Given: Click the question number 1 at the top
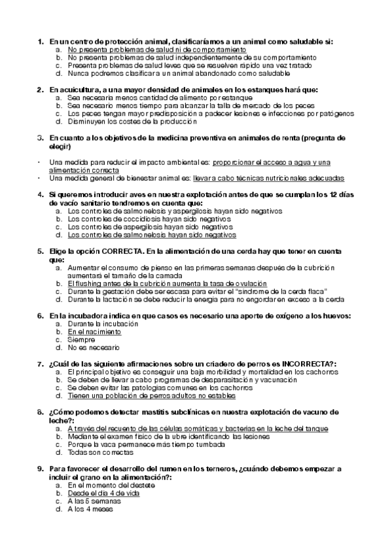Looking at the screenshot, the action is tap(41, 41).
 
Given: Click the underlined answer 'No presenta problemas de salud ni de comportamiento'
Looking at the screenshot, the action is tap(157, 49).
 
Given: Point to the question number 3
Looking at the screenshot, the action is tap(41, 138).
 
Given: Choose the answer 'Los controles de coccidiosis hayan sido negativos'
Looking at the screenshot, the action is tap(150, 219).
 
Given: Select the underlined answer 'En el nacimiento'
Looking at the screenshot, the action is tap(94, 332).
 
